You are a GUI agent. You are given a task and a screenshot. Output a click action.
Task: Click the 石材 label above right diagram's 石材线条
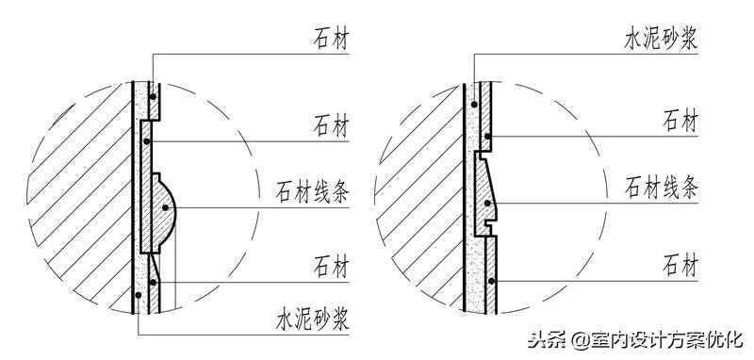click(x=680, y=120)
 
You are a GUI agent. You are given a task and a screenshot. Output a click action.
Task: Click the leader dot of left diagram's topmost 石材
click(x=152, y=93)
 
